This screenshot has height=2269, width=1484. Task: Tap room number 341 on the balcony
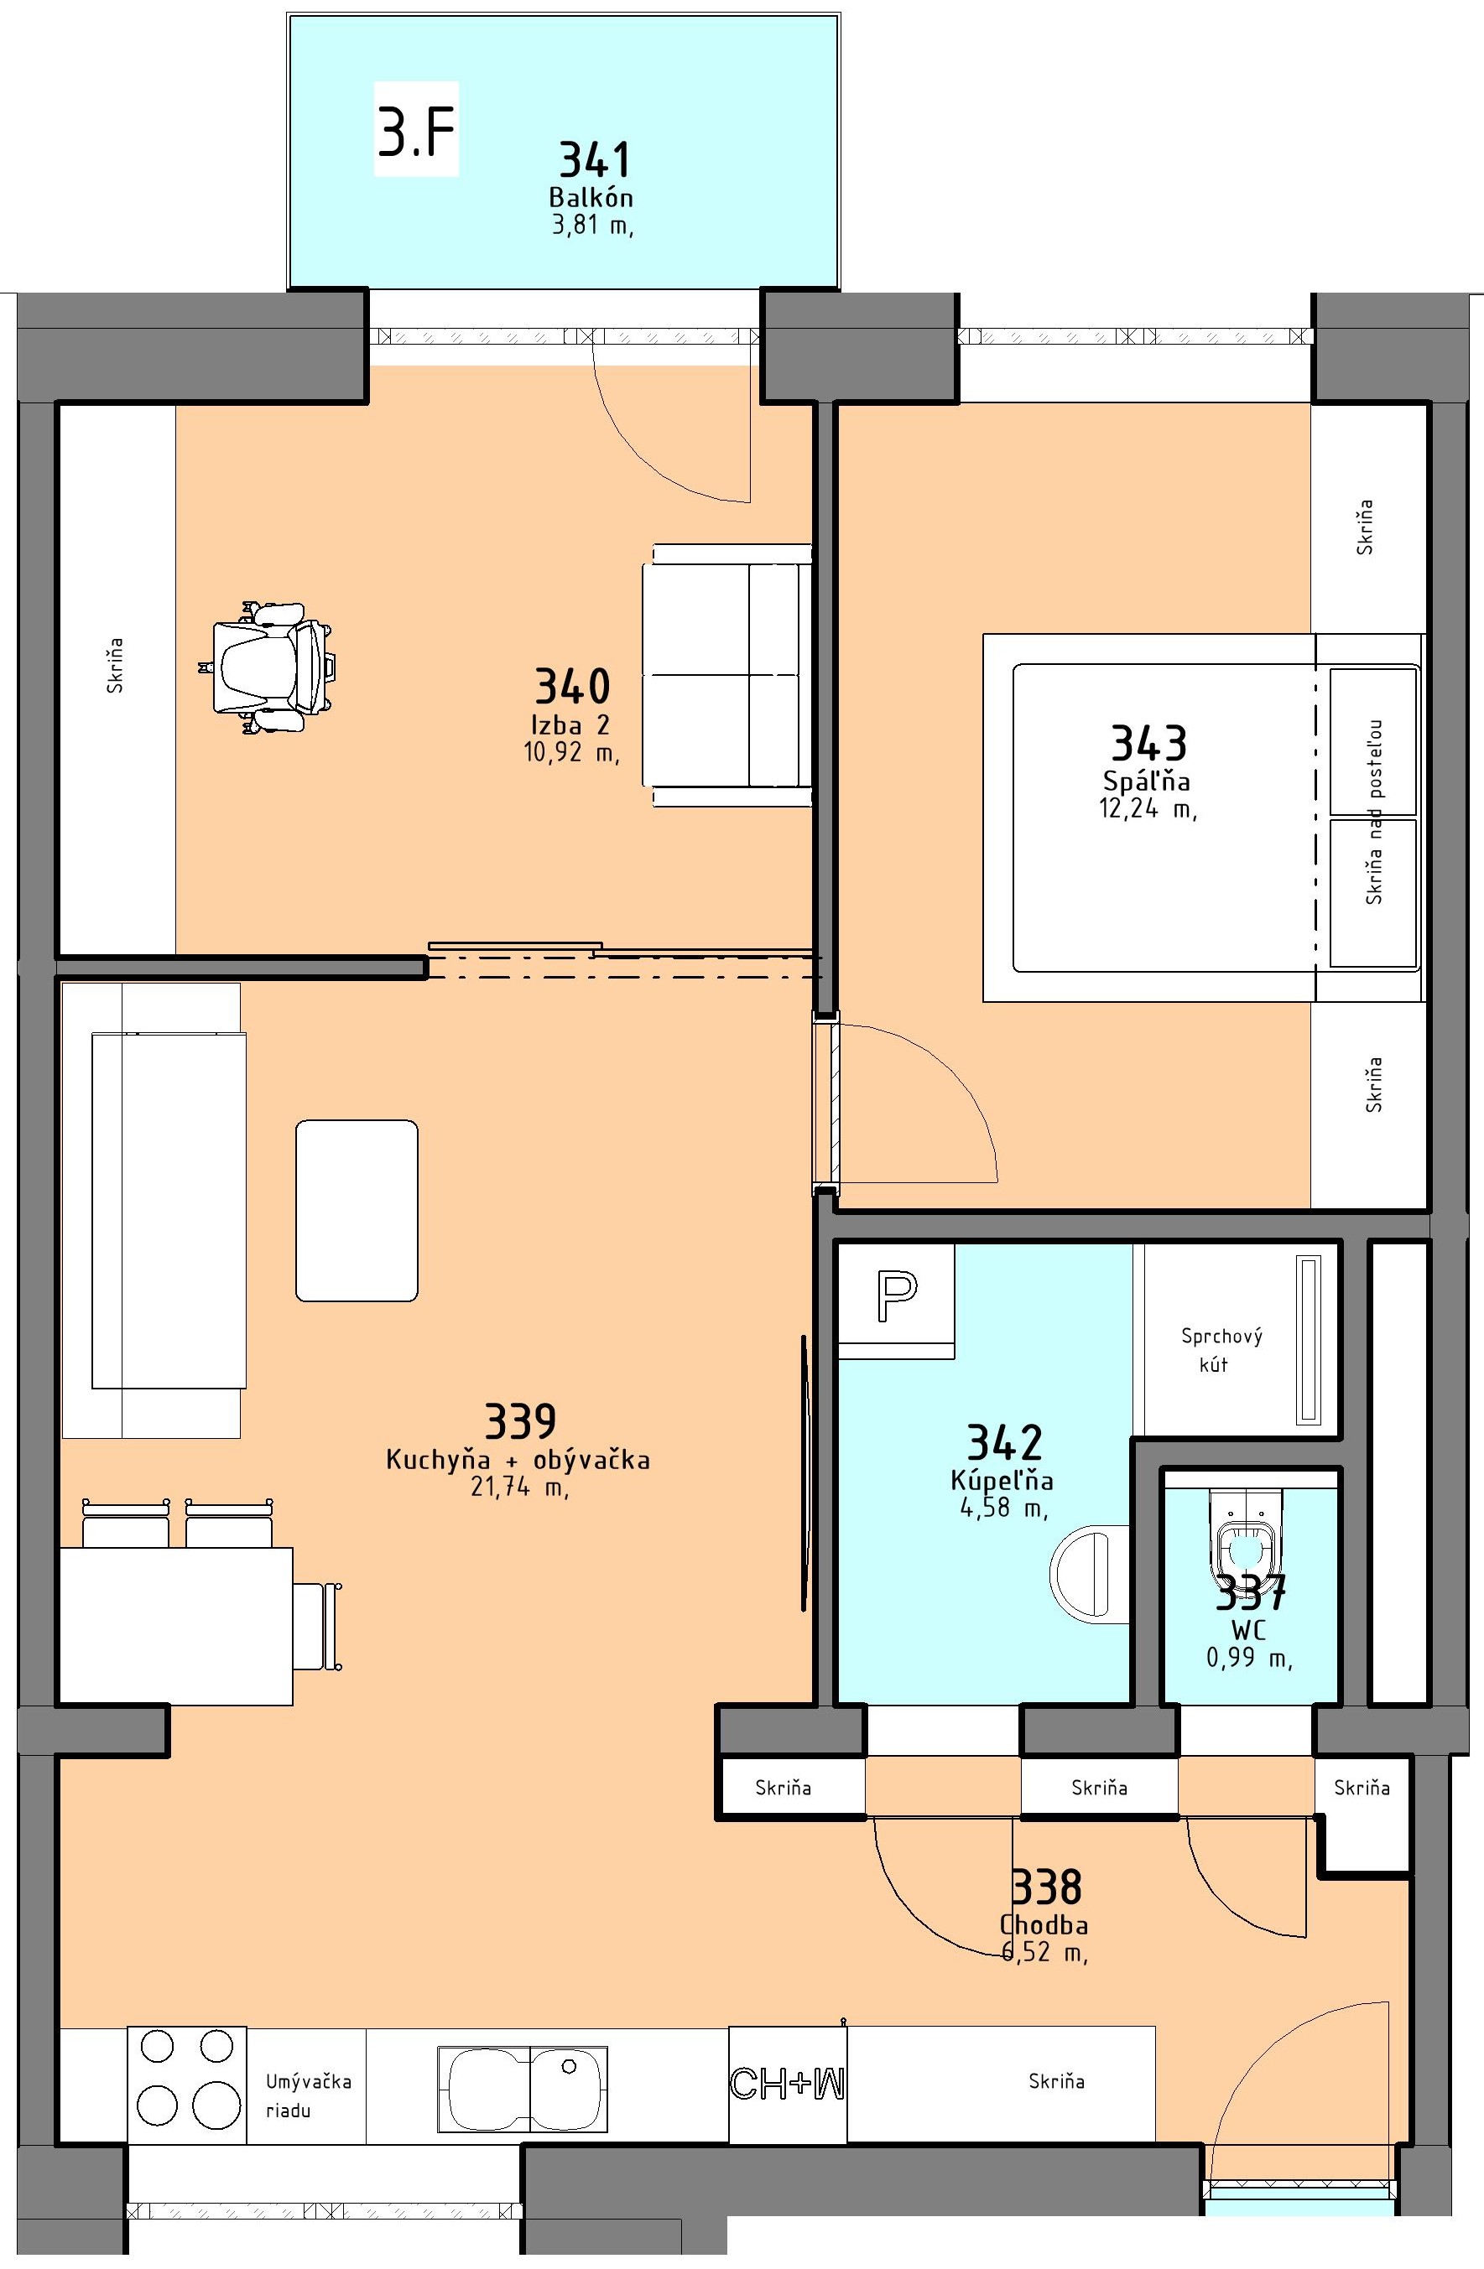595,159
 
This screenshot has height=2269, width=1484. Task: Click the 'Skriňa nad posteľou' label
1373,812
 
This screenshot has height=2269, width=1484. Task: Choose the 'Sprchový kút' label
1221,1350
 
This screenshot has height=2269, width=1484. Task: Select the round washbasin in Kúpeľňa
1089,1573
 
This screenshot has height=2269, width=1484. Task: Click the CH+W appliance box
788,2084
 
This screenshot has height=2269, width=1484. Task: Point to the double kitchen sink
523,2089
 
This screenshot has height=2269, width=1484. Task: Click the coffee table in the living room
357,1211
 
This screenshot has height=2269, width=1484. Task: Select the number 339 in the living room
520,1420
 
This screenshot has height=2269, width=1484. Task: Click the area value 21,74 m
520,1487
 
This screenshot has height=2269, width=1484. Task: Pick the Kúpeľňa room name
1002,1480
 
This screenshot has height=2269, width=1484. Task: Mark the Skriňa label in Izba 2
116,664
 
